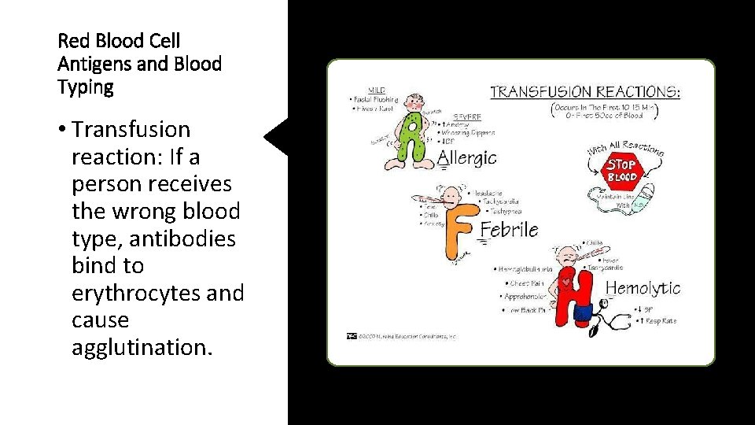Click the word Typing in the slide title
click(86, 87)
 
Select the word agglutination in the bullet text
click(142, 348)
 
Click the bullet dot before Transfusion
click(62, 130)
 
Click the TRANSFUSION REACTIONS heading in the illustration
click(585, 92)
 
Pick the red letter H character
click(575, 295)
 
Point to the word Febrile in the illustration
click(509, 230)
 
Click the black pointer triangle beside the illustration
click(277, 139)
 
